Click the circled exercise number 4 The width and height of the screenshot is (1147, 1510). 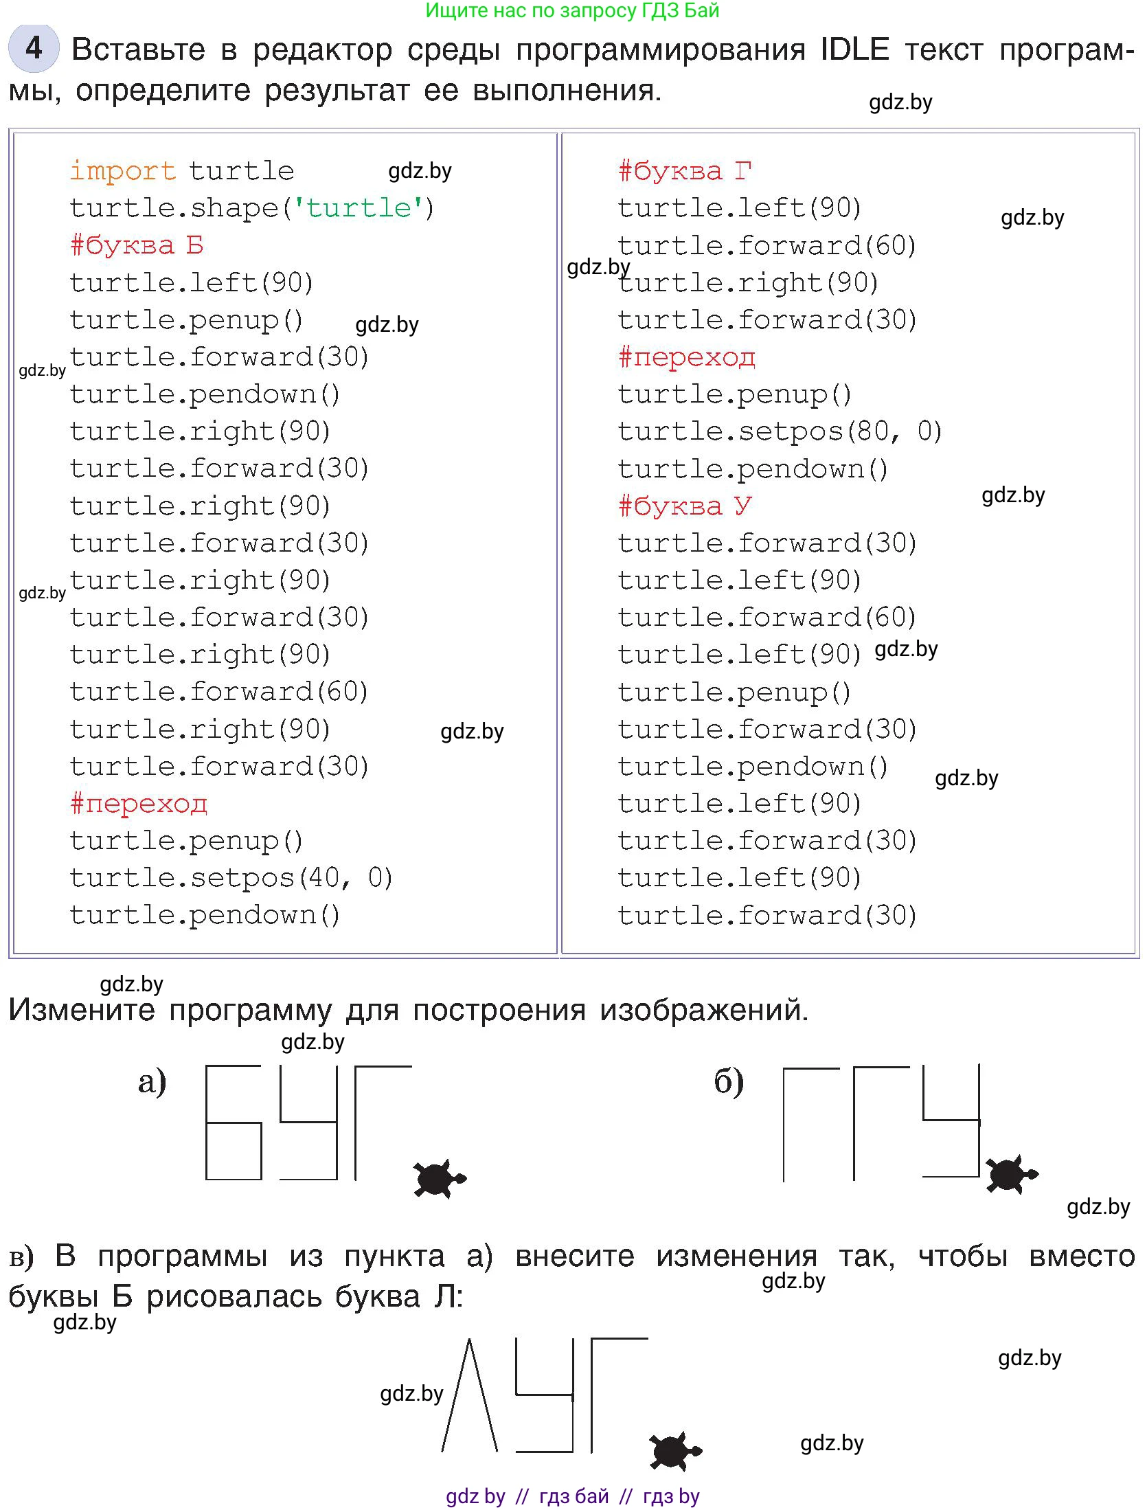[34, 48]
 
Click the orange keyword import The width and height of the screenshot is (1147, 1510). [123, 171]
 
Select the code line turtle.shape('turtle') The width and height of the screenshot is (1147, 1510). [251, 208]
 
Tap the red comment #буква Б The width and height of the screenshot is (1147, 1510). [137, 245]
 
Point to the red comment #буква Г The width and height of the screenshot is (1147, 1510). [685, 171]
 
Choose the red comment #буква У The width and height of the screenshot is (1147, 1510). [685, 506]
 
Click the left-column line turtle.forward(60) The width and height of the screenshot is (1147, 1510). [219, 692]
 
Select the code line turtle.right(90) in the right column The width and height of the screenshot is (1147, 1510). [748, 283]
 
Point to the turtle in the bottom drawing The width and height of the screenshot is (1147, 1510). [675, 1451]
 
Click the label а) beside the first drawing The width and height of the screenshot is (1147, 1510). [152, 1081]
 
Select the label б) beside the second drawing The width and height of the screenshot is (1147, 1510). [729, 1081]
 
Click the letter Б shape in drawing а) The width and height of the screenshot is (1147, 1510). [234, 1123]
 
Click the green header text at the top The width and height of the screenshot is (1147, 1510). [572, 10]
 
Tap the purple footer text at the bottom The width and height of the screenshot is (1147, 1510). [572, 1496]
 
